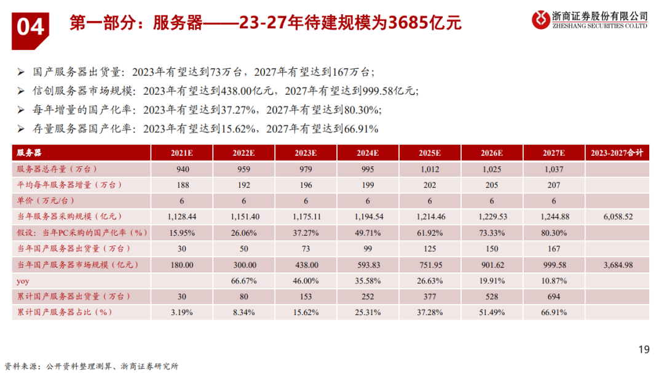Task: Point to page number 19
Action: point(644,350)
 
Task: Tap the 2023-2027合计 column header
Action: point(616,153)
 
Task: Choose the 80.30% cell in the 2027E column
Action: point(554,233)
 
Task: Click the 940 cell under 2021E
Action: point(183,169)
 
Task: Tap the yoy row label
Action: point(22,281)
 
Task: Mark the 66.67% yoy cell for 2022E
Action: point(244,281)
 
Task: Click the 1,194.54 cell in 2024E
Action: point(367,217)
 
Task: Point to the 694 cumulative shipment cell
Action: point(554,296)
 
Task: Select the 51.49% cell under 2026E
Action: point(492,312)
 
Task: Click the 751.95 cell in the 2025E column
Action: point(429,265)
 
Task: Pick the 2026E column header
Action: point(492,153)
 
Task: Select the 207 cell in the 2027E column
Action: point(554,185)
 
